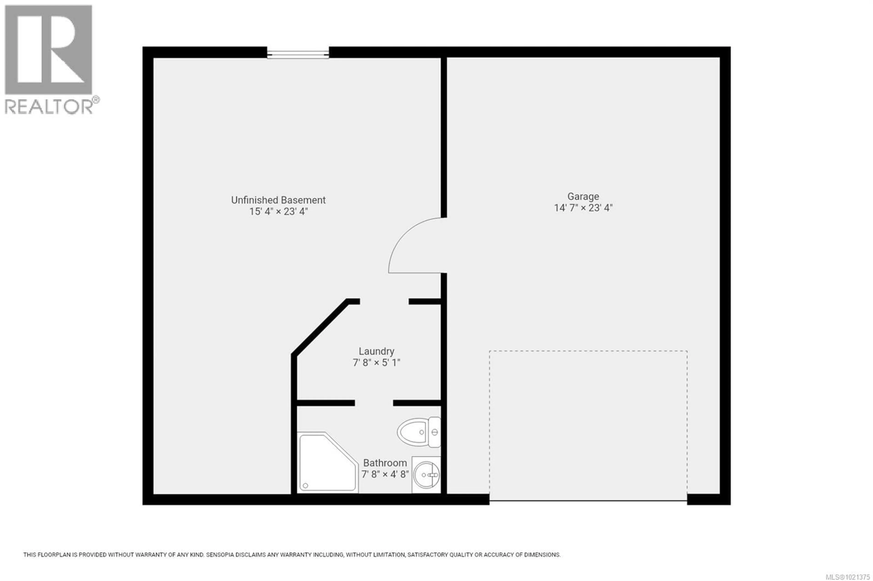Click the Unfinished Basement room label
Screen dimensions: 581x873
[x=278, y=200]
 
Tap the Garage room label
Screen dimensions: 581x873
[x=583, y=196]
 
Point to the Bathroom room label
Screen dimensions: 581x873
[x=385, y=463]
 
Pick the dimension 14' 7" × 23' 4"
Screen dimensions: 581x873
[x=583, y=208]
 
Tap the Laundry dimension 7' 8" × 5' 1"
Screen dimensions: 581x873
[x=376, y=362]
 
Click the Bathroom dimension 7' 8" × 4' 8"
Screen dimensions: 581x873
[x=385, y=474]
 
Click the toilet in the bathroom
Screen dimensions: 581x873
[x=417, y=432]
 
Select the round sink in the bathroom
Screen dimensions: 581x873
[x=426, y=475]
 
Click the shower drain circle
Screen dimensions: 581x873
[x=306, y=485]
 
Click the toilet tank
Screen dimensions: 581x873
[x=435, y=432]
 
